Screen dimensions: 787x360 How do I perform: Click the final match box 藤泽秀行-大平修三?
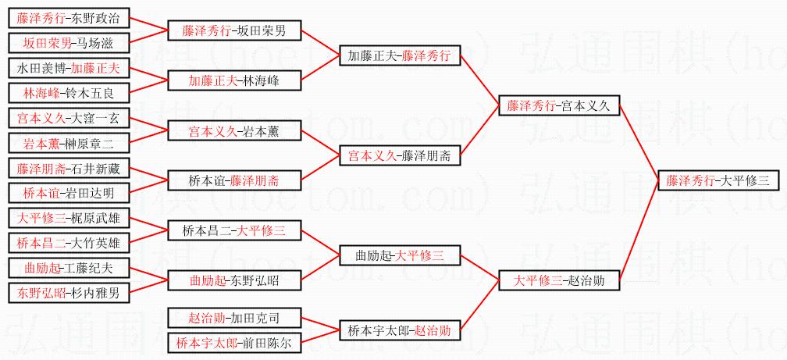point(718,180)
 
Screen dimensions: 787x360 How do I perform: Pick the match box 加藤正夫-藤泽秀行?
point(399,55)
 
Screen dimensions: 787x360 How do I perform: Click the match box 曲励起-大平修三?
point(399,255)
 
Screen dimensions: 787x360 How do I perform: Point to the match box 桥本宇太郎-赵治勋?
point(399,330)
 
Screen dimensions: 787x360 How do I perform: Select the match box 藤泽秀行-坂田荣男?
point(234,31)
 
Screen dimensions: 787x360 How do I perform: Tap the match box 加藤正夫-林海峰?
point(234,80)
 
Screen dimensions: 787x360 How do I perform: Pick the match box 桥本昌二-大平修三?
point(234,230)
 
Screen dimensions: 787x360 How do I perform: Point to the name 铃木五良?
point(90,93)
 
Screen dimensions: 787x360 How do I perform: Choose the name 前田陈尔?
point(261,343)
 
